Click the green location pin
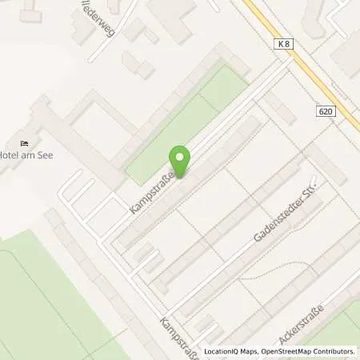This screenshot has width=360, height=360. click(180, 161)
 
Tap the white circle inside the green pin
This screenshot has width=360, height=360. click(180, 157)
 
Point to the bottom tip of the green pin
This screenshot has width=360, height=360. click(180, 177)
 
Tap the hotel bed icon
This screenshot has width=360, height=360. click(25, 142)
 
